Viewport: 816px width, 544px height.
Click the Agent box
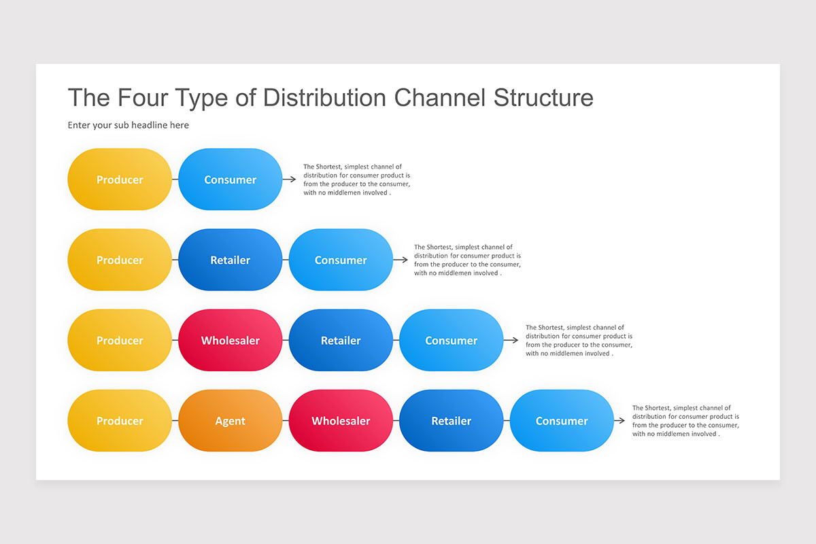coord(230,421)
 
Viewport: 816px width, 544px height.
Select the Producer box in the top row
coord(120,180)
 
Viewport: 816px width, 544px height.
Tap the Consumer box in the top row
coord(230,180)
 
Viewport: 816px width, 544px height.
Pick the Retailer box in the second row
coord(230,260)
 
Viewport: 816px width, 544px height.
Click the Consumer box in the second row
coord(341,260)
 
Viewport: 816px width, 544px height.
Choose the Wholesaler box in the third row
coord(230,341)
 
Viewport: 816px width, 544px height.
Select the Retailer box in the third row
coord(341,341)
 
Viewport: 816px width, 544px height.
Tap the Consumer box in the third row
coord(451,341)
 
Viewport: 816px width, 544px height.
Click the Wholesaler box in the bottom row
coord(341,421)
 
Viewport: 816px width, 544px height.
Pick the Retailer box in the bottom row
coord(451,421)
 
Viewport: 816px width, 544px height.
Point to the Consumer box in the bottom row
coord(562,421)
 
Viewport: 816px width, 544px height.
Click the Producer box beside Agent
coord(120,421)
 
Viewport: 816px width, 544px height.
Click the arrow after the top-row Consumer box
coord(290,180)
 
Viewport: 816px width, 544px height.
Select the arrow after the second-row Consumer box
coord(401,260)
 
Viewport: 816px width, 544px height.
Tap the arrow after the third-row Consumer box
coord(511,341)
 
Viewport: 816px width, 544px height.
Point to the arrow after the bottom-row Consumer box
coord(619,421)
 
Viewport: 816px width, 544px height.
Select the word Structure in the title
coord(543,98)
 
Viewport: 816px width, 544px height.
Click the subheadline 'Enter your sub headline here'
coord(129,125)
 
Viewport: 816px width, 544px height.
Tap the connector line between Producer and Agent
coord(175,421)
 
